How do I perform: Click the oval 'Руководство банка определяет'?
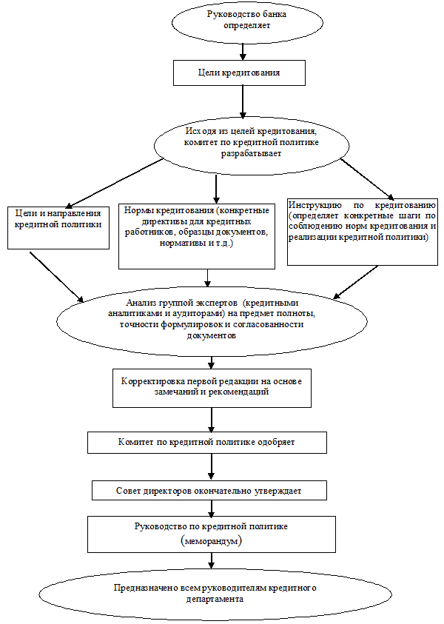[x=246, y=20]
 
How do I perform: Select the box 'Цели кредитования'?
[x=238, y=73]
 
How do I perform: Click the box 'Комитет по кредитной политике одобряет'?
[x=206, y=442]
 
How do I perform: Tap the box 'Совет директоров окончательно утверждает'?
[x=209, y=490]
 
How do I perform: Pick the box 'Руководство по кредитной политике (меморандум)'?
[x=211, y=534]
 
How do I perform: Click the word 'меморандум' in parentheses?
[x=211, y=541]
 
